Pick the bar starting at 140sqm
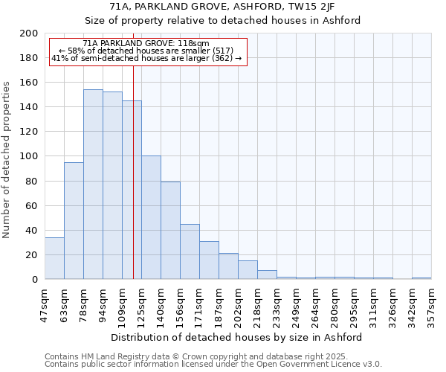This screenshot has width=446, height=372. pos(170,231)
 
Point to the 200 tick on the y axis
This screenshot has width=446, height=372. pos(29,33)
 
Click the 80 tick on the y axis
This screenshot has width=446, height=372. pos(32,181)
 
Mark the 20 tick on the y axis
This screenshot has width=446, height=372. pos(32,255)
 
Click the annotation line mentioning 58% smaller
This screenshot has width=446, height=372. pos(146,51)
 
